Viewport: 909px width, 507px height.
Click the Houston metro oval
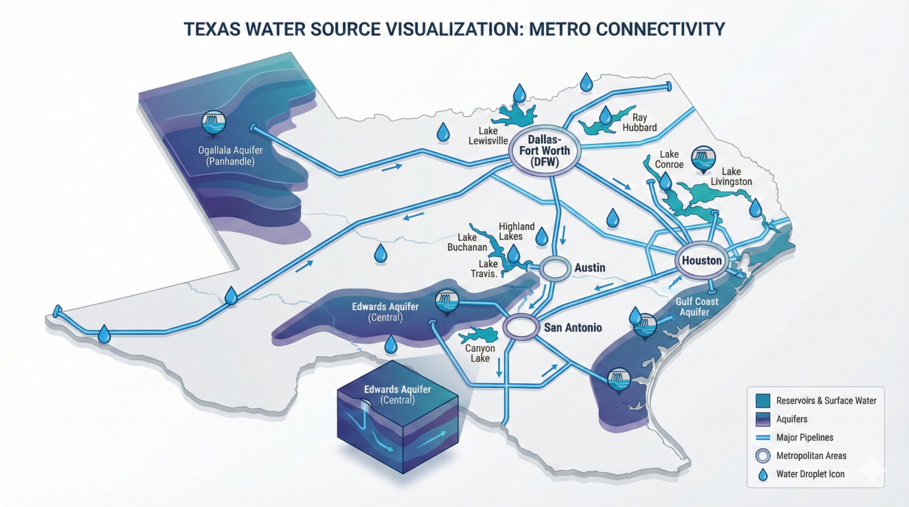click(702, 260)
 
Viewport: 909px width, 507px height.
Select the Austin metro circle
click(555, 268)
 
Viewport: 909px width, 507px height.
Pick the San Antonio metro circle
click(521, 327)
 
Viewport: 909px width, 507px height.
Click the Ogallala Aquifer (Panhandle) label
click(230, 156)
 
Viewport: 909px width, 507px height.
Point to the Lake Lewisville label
click(488, 135)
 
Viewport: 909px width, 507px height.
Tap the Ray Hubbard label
click(639, 122)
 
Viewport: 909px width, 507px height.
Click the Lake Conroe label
click(669, 159)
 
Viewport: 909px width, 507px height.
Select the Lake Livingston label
click(731, 176)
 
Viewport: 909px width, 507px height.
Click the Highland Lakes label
click(516, 231)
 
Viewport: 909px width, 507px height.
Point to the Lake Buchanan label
click(467, 242)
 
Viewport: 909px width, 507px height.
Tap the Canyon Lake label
click(480, 353)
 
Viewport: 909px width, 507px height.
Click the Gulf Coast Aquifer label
click(696, 306)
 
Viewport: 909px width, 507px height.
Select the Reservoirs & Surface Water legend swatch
click(763, 401)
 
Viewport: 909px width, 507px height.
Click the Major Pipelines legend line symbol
click(763, 438)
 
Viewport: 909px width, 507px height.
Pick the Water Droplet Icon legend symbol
click(763, 474)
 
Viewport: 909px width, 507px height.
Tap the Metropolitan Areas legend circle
click(763, 456)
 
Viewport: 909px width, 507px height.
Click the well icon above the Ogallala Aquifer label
click(213, 123)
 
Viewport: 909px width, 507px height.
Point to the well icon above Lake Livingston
click(703, 158)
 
